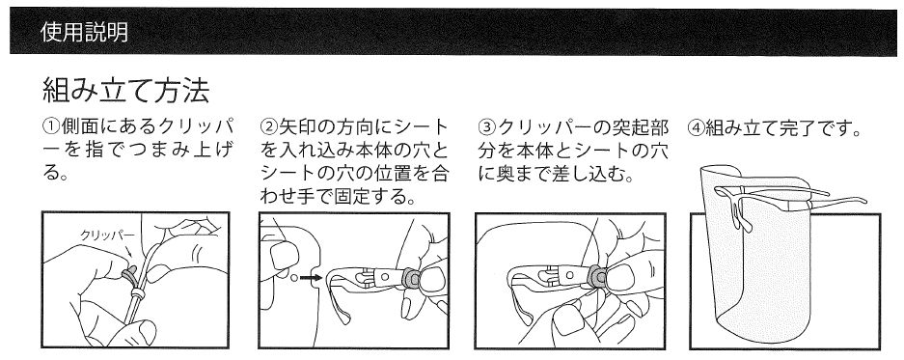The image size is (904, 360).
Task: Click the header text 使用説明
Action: click(x=85, y=32)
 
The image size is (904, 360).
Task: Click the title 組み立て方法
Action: click(x=125, y=91)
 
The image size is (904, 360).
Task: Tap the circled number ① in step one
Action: click(x=51, y=126)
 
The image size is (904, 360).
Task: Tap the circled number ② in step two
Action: click(x=268, y=126)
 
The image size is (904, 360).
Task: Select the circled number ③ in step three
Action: click(x=486, y=126)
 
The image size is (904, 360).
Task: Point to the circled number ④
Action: click(x=696, y=126)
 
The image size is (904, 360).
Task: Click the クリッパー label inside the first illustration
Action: click(x=108, y=235)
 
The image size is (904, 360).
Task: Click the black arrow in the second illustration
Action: click(x=312, y=278)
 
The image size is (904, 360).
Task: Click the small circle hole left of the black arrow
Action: click(x=293, y=278)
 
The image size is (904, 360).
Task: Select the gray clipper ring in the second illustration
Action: click(x=410, y=278)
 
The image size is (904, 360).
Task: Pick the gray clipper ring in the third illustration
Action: click(x=597, y=277)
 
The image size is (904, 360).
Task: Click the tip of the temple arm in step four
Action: click(x=864, y=202)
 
